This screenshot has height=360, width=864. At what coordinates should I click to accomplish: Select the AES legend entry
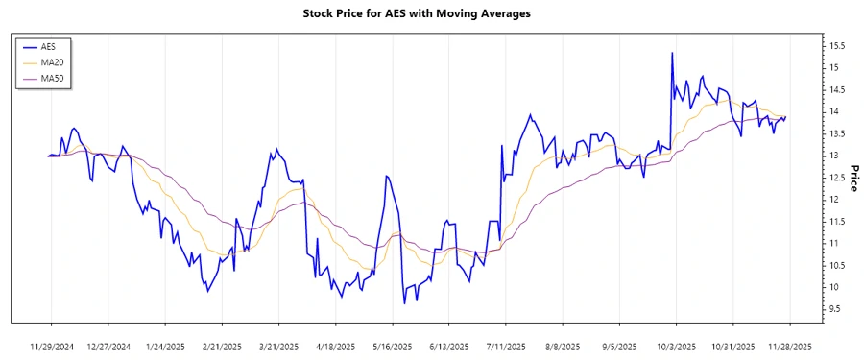pos(47,46)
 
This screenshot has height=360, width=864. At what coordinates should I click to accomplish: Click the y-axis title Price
pos(851,178)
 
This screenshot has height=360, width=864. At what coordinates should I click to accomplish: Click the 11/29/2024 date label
pos(52,346)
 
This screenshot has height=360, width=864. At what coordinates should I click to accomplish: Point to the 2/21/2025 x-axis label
pos(222,346)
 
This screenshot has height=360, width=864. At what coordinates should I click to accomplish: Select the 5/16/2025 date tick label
pos(392,346)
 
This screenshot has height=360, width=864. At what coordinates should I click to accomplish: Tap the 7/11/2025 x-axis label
pos(505,346)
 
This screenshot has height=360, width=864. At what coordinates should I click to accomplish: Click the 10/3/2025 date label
pos(675,346)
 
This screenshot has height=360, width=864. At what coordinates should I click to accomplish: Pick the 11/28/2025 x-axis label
pos(788,346)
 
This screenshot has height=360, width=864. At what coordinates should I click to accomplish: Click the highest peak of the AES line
pos(672,53)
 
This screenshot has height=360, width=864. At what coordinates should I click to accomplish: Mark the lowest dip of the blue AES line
pos(404,303)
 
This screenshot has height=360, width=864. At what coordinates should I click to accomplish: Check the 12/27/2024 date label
pos(108,346)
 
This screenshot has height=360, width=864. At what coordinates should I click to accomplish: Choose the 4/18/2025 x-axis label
pos(335,346)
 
